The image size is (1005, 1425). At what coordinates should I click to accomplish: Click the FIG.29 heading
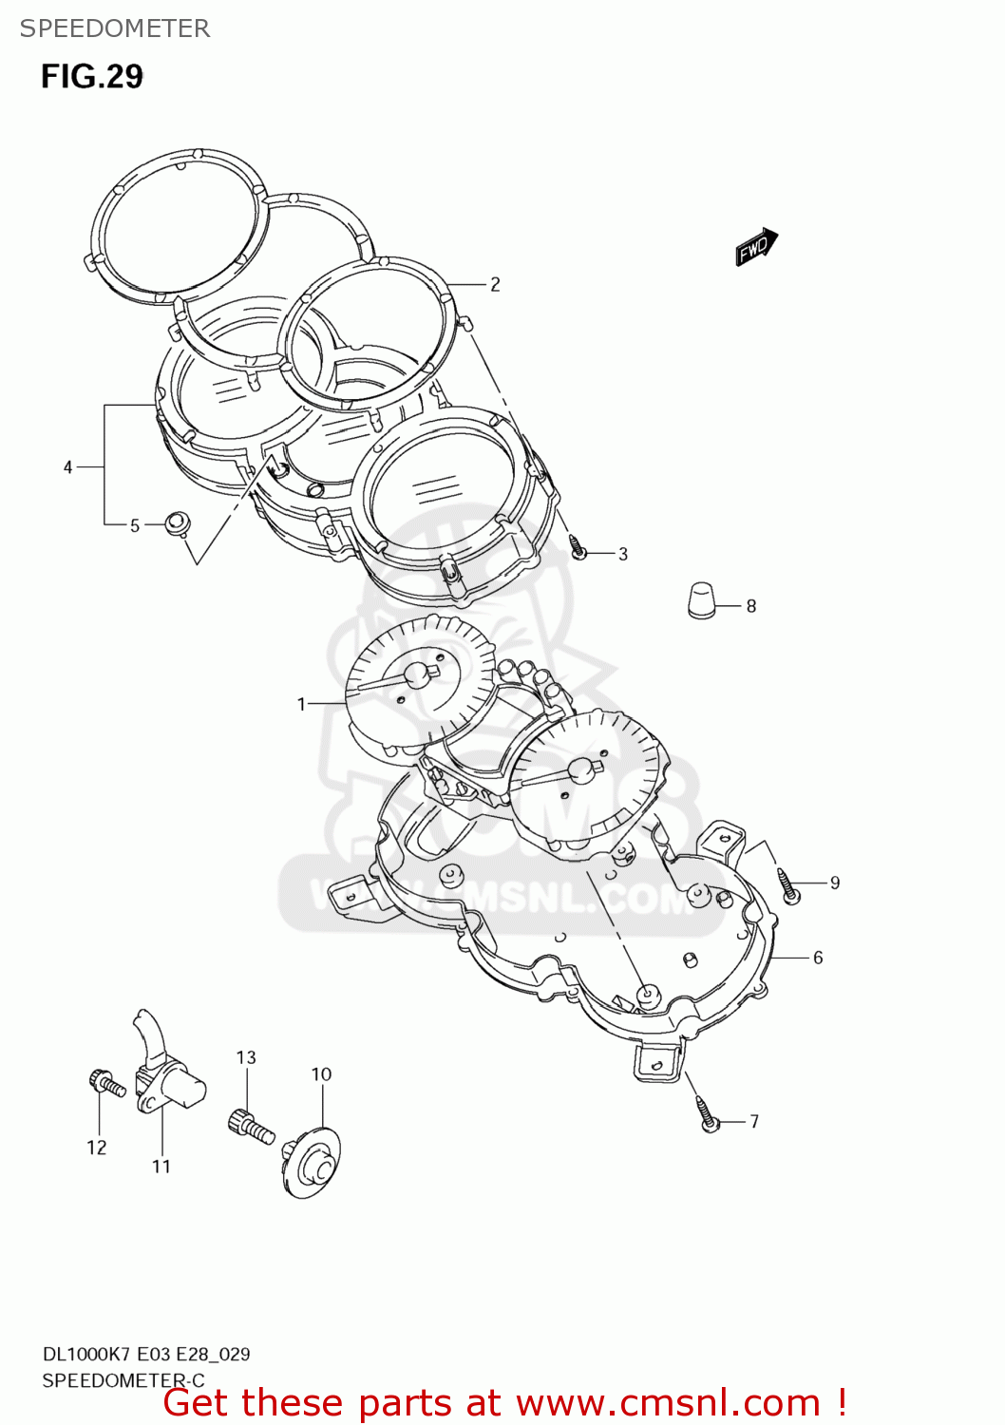pyautogui.click(x=91, y=76)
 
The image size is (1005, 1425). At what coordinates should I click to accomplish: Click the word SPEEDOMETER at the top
pyautogui.click(x=115, y=28)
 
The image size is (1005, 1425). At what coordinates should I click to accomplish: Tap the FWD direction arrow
pyautogui.click(x=756, y=247)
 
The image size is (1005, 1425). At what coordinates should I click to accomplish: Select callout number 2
pyautogui.click(x=494, y=284)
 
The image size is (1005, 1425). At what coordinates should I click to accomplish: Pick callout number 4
pyautogui.click(x=67, y=466)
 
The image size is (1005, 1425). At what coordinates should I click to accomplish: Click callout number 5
pyautogui.click(x=135, y=525)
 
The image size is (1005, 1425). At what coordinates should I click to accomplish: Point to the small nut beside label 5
pyautogui.click(x=176, y=522)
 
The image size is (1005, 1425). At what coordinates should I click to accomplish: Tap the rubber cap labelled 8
pyautogui.click(x=701, y=600)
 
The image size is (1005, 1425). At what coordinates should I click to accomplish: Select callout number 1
pyautogui.click(x=301, y=704)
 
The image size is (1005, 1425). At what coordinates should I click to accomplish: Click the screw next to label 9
pyautogui.click(x=788, y=885)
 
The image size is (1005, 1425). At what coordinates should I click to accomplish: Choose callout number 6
pyautogui.click(x=818, y=957)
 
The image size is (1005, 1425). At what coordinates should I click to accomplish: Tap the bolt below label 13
pyautogui.click(x=251, y=1127)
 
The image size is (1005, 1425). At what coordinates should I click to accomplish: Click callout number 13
pyautogui.click(x=246, y=1057)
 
